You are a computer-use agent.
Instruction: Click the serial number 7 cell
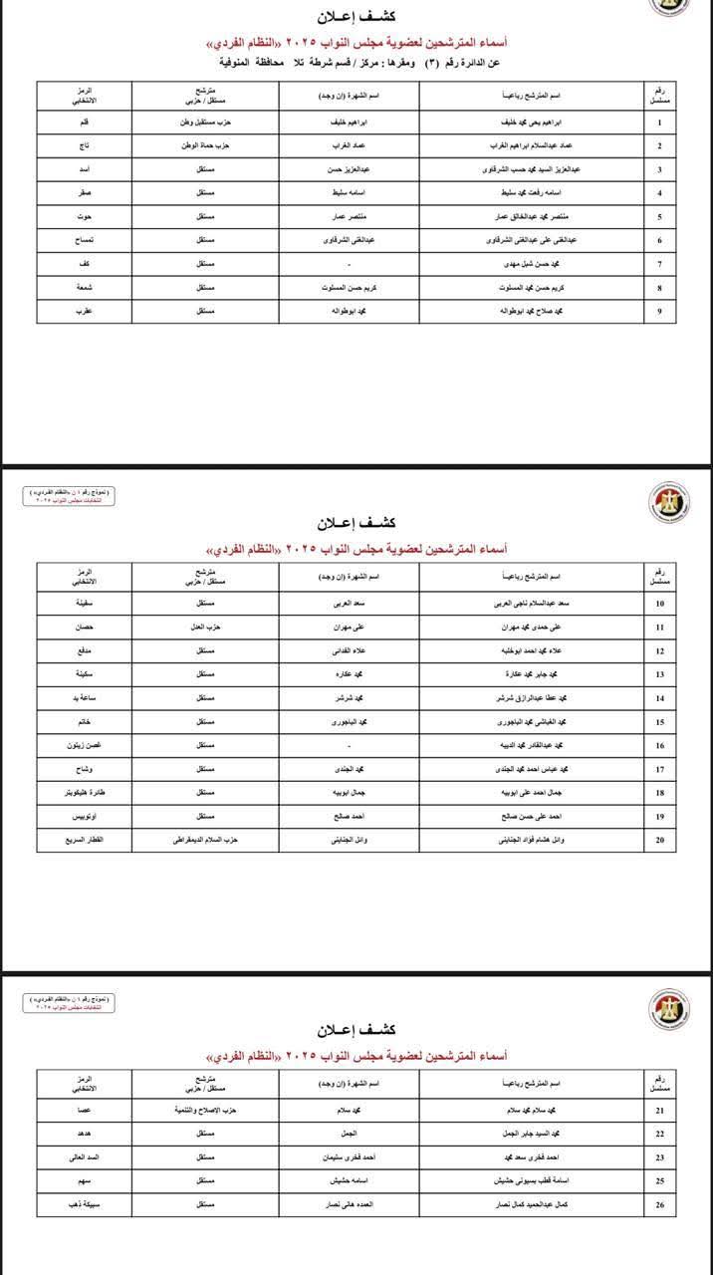(660, 264)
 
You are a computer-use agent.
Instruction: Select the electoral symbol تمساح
(86, 240)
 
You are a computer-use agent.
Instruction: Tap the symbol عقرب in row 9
(86, 311)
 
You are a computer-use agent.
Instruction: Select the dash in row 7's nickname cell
(349, 264)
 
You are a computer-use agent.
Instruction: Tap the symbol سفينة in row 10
(86, 604)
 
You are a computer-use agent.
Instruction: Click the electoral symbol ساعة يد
(86, 698)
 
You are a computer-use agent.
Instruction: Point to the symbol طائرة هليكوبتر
(86, 792)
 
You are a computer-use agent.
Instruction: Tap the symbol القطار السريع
(86, 840)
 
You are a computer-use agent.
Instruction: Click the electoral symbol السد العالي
(86, 1157)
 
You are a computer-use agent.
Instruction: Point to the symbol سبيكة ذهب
(86, 1204)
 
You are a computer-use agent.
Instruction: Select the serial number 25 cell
(660, 1181)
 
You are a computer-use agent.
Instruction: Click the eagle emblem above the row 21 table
(662, 1009)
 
